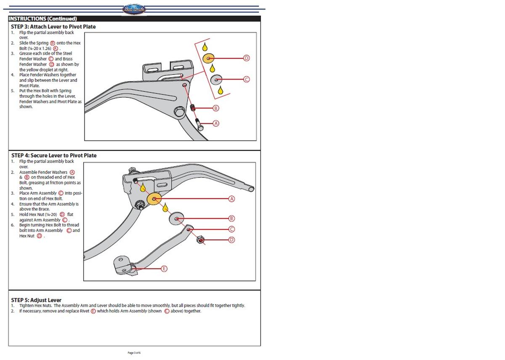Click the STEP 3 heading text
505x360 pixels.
pyautogui.click(x=53, y=27)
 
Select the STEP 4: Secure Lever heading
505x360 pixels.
pyautogui.click(x=54, y=155)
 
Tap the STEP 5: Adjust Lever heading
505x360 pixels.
pyautogui.click(x=36, y=300)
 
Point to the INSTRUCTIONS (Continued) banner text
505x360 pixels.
pyautogui.click(x=43, y=19)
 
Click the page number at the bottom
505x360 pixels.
pyautogui.click(x=134, y=352)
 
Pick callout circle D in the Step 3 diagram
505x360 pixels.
pyautogui.click(x=247, y=58)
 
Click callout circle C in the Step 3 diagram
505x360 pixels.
pyautogui.click(x=247, y=79)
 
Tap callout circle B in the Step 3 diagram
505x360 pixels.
pyautogui.click(x=216, y=108)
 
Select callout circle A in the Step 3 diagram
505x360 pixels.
pyautogui.click(x=216, y=123)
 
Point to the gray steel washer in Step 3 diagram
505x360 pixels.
pyautogui.click(x=216, y=79)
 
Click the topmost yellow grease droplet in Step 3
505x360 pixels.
pyautogui.click(x=205, y=46)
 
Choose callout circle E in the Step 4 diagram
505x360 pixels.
pyautogui.click(x=164, y=268)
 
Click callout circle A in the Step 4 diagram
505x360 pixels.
pyautogui.click(x=231, y=198)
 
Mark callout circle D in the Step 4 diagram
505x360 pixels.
pyautogui.click(x=231, y=240)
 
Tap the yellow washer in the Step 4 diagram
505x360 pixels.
pyautogui.click(x=154, y=199)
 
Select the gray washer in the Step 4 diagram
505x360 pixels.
pyautogui.click(x=177, y=219)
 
